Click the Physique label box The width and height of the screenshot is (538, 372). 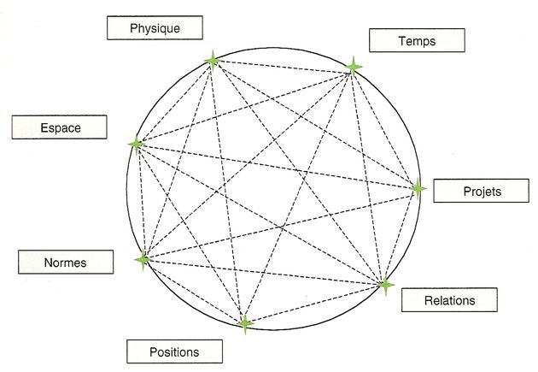(x=155, y=28)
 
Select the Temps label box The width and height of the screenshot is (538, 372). (x=417, y=40)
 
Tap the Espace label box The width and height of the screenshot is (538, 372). (x=60, y=127)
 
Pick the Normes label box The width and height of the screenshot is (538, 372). (x=66, y=263)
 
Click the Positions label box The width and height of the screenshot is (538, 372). (x=174, y=351)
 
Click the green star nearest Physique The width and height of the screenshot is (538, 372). (x=213, y=60)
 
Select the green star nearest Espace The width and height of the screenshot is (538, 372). (x=136, y=144)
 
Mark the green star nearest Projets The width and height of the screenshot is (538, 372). (x=418, y=189)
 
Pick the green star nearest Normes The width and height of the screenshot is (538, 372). (x=143, y=259)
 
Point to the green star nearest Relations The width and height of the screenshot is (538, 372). (x=385, y=283)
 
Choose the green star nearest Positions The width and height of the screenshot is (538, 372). (x=245, y=323)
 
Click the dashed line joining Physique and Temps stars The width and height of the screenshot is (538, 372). (x=284, y=63)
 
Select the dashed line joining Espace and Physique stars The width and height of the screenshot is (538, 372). (x=174, y=102)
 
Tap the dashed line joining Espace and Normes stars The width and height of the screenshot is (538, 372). (x=139, y=202)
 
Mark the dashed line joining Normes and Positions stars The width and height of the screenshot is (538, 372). (x=194, y=292)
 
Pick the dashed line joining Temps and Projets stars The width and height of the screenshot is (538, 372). (x=385, y=127)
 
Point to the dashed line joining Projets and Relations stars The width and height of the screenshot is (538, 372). (x=401, y=236)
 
